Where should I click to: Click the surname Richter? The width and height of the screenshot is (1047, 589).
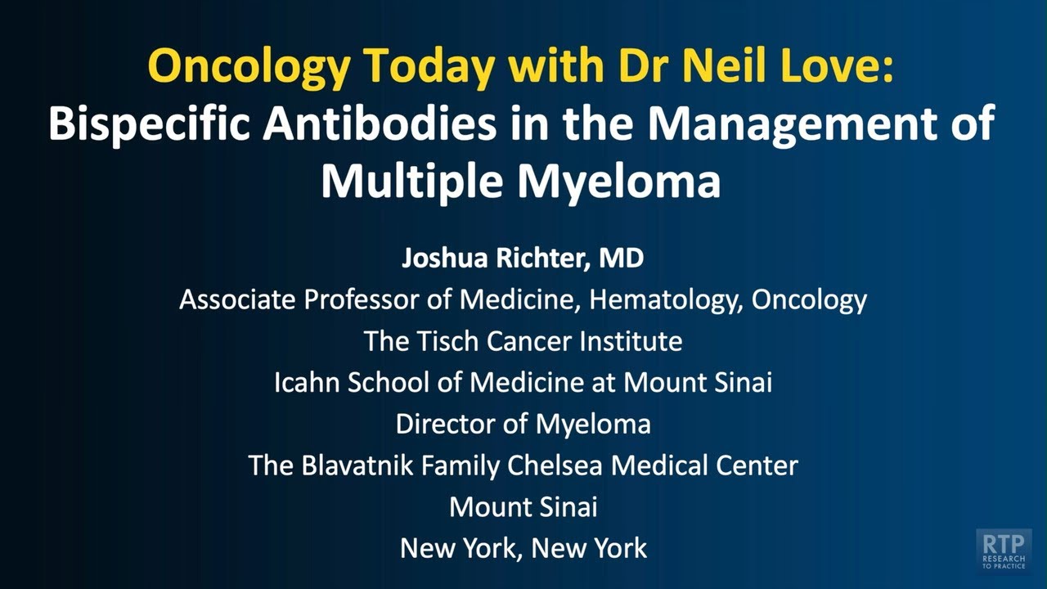pos(546,259)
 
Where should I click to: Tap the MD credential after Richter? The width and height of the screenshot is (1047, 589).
pos(622,259)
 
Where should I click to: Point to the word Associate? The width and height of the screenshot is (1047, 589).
pos(237,299)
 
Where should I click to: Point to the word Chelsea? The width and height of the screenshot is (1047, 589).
pos(556,465)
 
